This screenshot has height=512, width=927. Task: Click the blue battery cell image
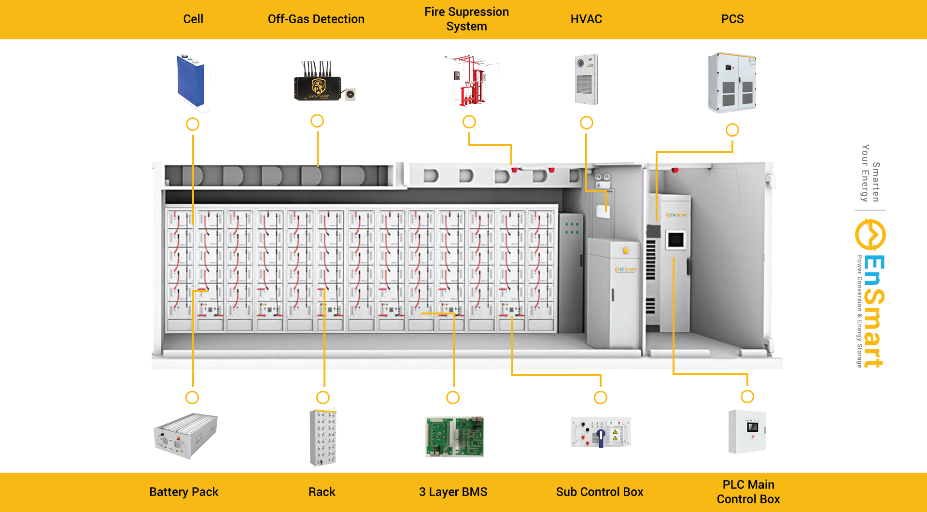[191, 81]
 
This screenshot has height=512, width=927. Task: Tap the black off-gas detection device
[319, 85]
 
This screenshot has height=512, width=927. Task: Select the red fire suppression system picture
[470, 81]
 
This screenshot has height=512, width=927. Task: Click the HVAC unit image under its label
[586, 80]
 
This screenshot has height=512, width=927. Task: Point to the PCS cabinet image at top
[731, 83]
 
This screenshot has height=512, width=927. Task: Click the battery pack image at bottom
[186, 436]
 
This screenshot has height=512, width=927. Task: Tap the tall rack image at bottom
[323, 438]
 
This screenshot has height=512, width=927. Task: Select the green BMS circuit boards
[454, 437]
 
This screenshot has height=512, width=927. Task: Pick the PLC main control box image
[747, 431]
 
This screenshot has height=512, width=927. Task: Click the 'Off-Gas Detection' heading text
[316, 19]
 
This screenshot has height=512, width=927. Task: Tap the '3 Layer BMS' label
[453, 492]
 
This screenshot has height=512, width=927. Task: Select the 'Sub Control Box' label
[599, 492]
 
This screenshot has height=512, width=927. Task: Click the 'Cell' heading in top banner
[193, 19]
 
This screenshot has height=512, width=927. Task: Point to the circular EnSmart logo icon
[871, 235]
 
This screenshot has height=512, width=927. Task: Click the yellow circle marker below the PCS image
[732, 130]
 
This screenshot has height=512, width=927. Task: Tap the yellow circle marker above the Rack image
[323, 398]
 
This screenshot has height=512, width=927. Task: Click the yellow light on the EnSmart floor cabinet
[626, 250]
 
